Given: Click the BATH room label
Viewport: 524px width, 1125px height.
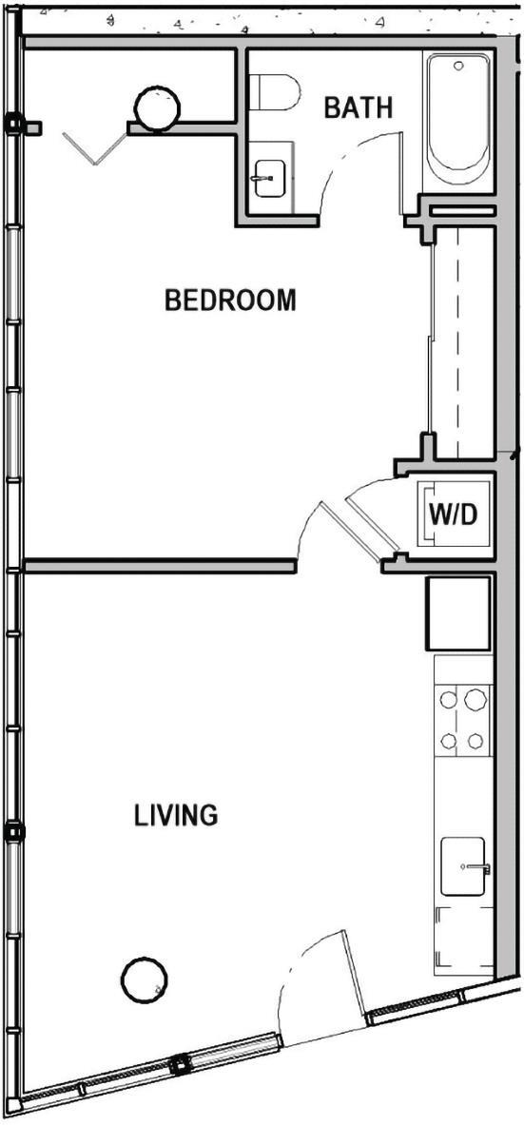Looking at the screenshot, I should (358, 108).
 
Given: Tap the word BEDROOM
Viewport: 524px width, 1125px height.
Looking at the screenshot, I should (230, 301).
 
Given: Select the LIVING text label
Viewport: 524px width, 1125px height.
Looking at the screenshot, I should (176, 815).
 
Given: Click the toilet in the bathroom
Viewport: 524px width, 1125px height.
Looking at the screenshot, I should (273, 92).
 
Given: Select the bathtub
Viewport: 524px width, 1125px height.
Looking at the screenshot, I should (459, 121).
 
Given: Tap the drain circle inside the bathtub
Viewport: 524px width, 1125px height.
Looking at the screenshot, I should (459, 67).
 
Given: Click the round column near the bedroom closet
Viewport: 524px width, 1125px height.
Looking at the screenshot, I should (157, 107).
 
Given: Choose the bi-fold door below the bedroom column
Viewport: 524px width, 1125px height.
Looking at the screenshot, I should (95, 148).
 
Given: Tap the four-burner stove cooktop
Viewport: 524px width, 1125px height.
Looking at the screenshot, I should (463, 720).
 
